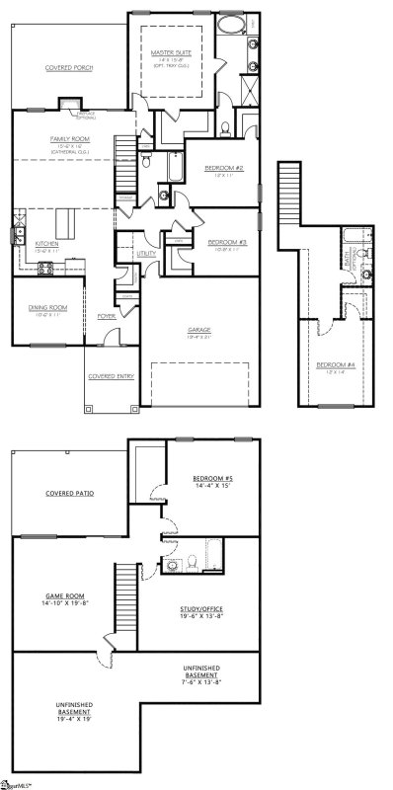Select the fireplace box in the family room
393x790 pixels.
pyautogui.click(x=70, y=104)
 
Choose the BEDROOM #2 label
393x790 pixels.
pyautogui.click(x=218, y=168)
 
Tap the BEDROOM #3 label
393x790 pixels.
pyautogui.click(x=225, y=241)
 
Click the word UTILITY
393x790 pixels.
pyautogui.click(x=146, y=254)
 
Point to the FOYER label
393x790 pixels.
pyautogui.click(x=106, y=316)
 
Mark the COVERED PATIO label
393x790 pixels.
pyautogui.click(x=69, y=491)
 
